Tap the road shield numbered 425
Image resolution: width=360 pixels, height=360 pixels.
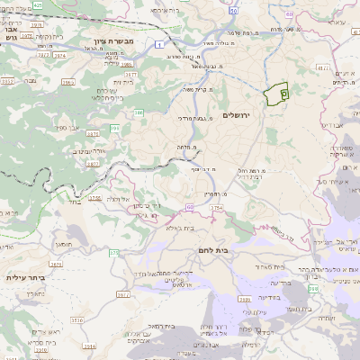click(38, 4)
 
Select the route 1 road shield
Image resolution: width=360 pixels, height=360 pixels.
click(158, 44)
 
